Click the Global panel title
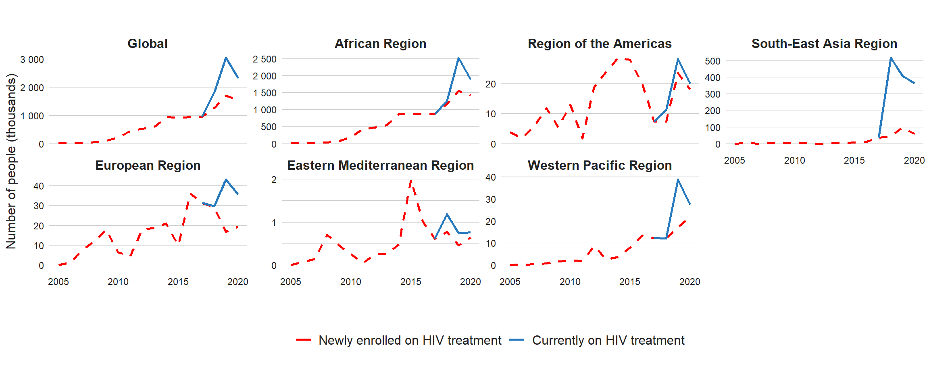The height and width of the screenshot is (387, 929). tap(148, 44)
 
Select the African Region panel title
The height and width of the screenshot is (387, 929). tap(380, 44)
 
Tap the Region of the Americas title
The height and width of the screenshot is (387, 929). tap(600, 44)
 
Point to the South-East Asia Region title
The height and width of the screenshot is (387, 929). tap(824, 44)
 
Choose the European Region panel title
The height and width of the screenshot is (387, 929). tap(148, 165)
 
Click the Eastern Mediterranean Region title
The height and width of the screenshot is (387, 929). tap(380, 165)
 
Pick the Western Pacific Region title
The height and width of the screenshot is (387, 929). tap(600, 165)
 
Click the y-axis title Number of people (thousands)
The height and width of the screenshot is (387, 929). tap(11, 161)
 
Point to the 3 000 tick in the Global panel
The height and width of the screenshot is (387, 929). tap(32, 60)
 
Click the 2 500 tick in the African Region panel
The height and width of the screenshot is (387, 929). tap(265, 59)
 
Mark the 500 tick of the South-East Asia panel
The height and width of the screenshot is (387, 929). tap(712, 61)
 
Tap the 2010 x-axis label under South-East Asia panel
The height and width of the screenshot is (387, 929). tap(794, 160)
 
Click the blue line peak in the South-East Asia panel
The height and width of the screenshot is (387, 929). tap(891, 58)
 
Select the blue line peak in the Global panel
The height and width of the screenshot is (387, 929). tap(226, 58)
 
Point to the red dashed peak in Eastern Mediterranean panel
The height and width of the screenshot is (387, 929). tap(411, 180)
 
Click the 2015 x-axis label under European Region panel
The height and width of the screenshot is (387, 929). tap(178, 282)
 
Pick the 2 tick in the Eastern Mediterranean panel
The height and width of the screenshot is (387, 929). tap(274, 180)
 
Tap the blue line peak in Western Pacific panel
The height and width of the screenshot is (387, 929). tap(678, 180)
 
